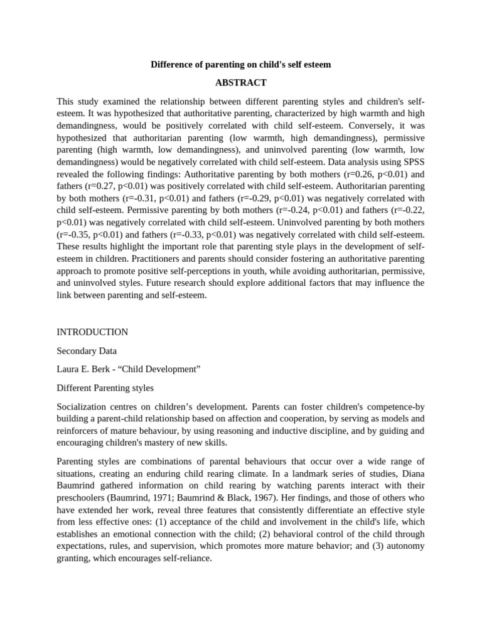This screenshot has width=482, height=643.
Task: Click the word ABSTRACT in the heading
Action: (240, 83)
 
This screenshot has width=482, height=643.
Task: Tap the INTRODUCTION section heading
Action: (92, 332)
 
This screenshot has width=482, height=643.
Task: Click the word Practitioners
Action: (130, 259)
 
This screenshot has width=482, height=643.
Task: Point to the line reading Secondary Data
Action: (87, 351)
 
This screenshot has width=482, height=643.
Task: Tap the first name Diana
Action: (412, 474)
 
